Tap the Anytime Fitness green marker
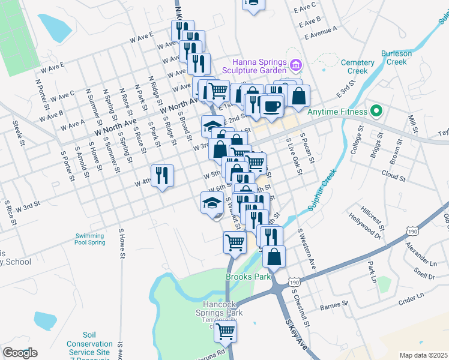pos(376,111)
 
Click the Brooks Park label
pos(246,277)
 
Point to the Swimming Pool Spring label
pos(91,239)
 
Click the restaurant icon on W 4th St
pos(162,175)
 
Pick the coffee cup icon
pos(271,106)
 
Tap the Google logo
pos(20,353)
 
